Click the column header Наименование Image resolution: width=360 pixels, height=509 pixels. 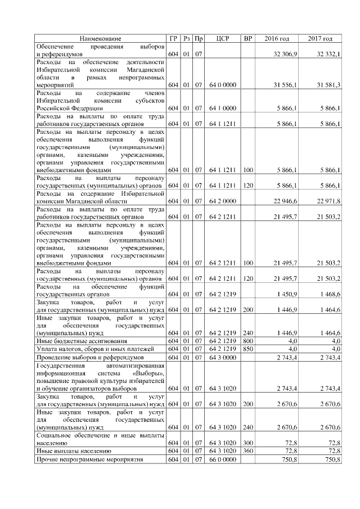point(100,38)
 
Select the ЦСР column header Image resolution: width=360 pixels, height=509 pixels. point(222,38)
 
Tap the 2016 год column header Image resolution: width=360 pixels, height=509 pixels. point(277,38)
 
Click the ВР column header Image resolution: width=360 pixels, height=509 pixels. point(247,38)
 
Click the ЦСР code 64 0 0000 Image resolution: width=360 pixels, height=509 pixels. point(222,84)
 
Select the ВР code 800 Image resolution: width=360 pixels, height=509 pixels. point(247,341)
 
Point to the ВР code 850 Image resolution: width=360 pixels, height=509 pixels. point(247,349)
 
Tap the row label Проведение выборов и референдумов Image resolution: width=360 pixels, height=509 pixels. point(83,357)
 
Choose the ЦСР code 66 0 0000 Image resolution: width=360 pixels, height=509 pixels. point(222,459)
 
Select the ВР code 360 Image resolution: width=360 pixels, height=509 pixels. point(247,451)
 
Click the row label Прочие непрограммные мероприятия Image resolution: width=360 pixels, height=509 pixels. point(82,459)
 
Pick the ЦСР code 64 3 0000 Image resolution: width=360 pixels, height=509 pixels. point(222,357)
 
